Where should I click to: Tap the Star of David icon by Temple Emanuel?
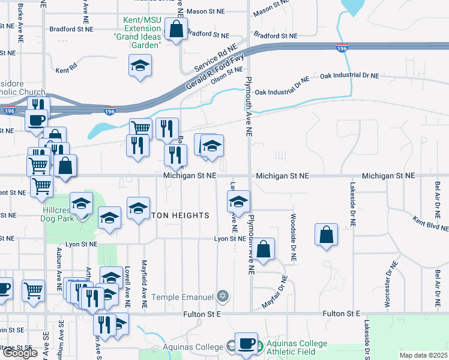[223, 296]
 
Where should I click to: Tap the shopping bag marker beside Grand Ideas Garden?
[176, 29]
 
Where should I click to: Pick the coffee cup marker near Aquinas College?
[246, 344]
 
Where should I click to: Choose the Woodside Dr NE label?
[294, 238]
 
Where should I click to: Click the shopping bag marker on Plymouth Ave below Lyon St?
[263, 249]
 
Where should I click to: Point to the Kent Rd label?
[67, 70]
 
